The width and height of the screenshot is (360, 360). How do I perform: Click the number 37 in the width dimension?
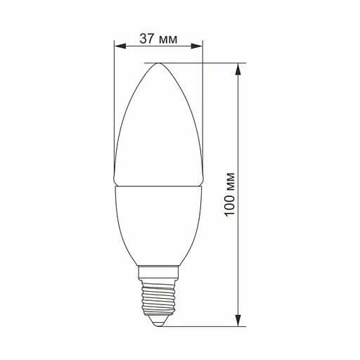(x=146, y=39)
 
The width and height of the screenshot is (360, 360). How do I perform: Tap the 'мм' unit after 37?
(x=169, y=39)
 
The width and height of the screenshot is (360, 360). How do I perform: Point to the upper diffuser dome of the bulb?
(x=158, y=127)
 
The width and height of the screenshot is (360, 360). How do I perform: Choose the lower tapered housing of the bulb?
(x=158, y=225)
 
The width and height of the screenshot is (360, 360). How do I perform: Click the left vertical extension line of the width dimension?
(x=114, y=105)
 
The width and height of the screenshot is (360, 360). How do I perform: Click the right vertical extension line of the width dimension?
(x=202, y=105)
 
